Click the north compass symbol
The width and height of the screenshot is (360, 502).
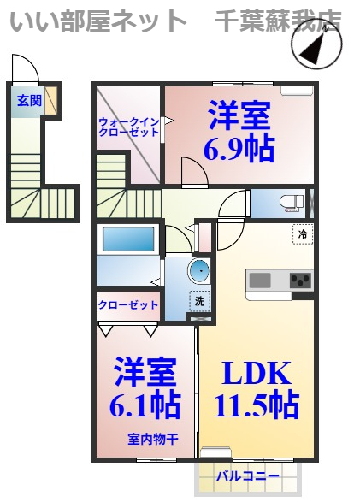(x=317, y=50)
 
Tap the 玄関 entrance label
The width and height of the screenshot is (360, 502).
(x=28, y=100)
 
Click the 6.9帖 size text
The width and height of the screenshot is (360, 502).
(x=239, y=149)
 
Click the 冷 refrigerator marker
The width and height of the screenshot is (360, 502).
(x=302, y=232)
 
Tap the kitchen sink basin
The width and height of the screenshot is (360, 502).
(x=260, y=280)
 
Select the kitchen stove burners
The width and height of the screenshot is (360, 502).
(x=300, y=280)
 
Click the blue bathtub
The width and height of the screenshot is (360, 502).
(x=127, y=239)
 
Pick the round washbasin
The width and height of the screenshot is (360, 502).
(x=199, y=272)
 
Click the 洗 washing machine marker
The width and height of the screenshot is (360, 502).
(x=199, y=301)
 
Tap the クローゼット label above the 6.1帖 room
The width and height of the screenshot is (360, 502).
(x=127, y=305)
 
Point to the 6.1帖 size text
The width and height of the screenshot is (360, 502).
(x=145, y=404)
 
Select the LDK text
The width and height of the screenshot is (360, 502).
(x=257, y=374)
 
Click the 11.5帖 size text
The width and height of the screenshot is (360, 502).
(x=257, y=403)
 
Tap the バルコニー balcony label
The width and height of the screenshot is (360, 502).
(x=247, y=475)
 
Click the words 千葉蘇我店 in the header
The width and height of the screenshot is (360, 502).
(x=278, y=19)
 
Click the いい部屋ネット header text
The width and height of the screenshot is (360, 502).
(x=98, y=19)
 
